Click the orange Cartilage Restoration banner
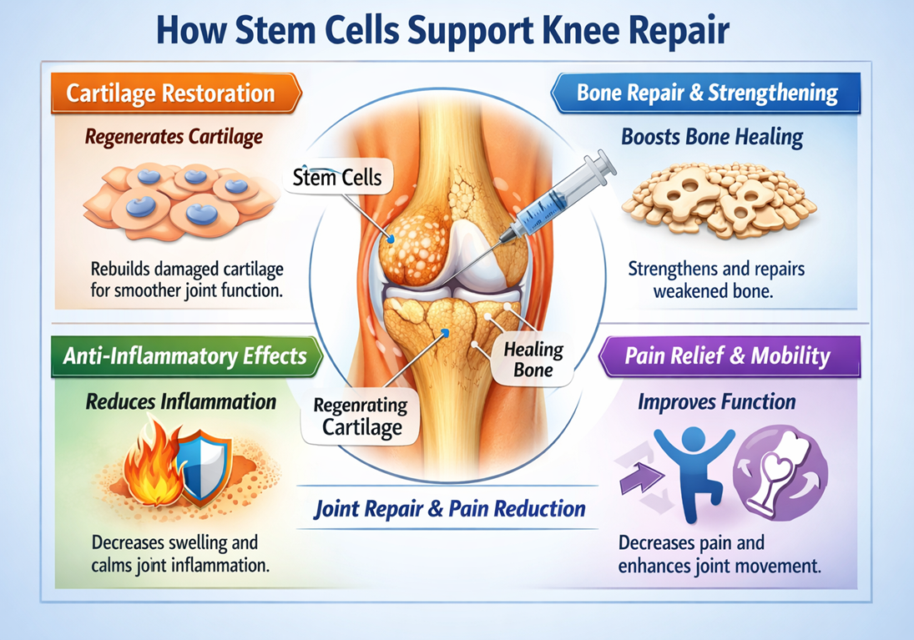pos(171,93)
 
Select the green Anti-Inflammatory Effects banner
pos(184,356)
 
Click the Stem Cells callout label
pos(338,178)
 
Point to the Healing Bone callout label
pos(533,360)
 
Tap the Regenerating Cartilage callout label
pos(361,416)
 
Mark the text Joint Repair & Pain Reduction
pos(449,509)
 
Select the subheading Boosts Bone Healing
pos(712,138)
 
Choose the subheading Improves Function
pos(716,403)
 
